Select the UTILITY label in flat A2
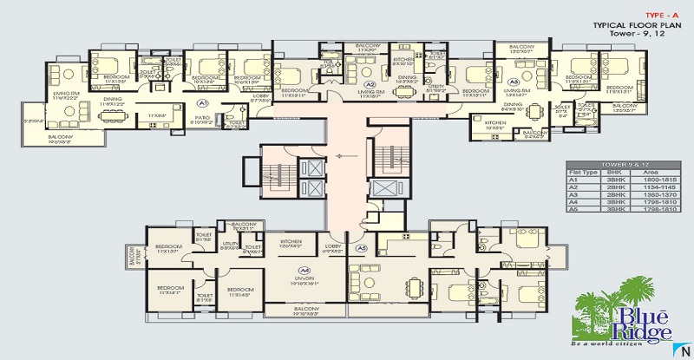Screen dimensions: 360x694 pyautogui.click(x=435, y=88)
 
